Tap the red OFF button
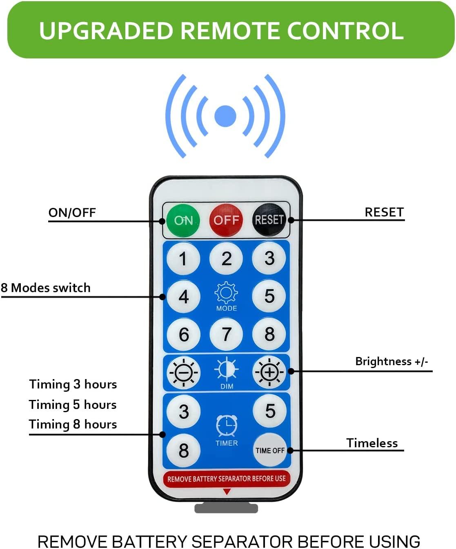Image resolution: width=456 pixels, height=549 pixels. coord(226,220)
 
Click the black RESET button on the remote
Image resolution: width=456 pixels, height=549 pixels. coord(269,220)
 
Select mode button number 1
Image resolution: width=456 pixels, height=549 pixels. coord(183,258)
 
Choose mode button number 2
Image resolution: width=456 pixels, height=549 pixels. coord(226,258)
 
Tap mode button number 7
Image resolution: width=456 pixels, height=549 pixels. coord(226,335)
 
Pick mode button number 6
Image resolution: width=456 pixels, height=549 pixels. coord(183,335)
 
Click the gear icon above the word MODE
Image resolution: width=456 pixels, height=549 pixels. coord(226,292)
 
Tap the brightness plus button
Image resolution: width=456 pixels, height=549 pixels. coord(269,372)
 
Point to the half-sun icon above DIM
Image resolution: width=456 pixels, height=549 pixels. coord(227,369)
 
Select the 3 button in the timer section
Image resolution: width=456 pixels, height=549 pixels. coord(184,411)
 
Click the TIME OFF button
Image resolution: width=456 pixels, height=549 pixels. coord(270,450)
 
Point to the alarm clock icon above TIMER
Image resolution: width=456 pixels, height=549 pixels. coord(227,426)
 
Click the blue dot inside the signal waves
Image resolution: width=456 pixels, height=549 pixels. coord(225,116)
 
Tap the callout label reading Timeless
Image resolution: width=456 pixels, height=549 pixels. coord(372,443)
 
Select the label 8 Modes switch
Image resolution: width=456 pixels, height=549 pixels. coord(46,288)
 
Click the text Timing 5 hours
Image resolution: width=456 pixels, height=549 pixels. coord(73,405)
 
